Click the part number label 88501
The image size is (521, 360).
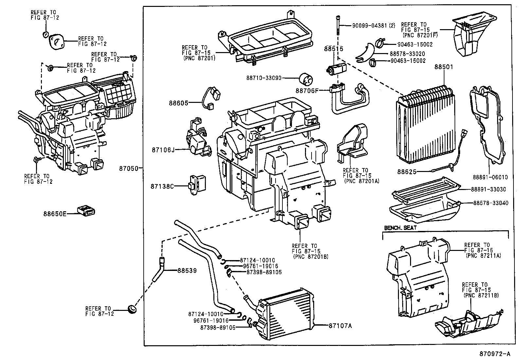click(x=444, y=67)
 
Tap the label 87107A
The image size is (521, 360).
click(x=340, y=326)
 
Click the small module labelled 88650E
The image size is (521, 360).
click(x=86, y=210)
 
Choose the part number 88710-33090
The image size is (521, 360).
click(x=263, y=78)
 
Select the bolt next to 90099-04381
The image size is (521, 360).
click(x=337, y=25)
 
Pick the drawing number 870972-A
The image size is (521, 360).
click(x=494, y=354)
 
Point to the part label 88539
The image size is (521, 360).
click(x=187, y=271)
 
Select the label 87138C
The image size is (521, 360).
click(x=162, y=186)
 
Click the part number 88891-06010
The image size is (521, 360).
click(x=490, y=177)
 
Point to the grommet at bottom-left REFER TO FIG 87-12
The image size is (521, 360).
click(x=132, y=309)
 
